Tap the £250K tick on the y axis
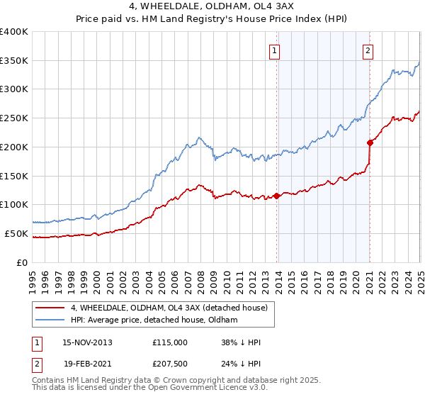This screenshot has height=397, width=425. point(14,118)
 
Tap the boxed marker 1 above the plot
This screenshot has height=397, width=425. point(274,50)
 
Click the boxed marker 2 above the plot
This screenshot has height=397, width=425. point(369,50)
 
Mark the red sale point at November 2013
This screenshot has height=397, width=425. point(277,196)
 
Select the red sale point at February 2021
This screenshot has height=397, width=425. point(370,142)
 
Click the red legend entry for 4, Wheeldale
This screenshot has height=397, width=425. point(168,308)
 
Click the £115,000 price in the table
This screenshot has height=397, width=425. point(170,342)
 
